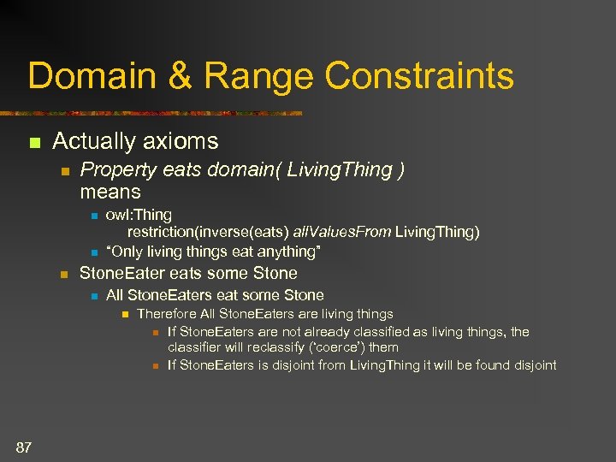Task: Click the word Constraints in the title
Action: tap(419, 75)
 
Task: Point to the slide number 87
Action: tap(24, 446)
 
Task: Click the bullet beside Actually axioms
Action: tap(34, 141)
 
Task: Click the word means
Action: tap(110, 191)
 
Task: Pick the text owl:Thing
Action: tap(139, 215)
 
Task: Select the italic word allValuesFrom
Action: tap(341, 232)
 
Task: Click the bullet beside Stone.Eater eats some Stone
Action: tap(62, 275)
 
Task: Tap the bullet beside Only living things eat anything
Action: tap(94, 252)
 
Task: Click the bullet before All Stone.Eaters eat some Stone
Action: tap(94, 296)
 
